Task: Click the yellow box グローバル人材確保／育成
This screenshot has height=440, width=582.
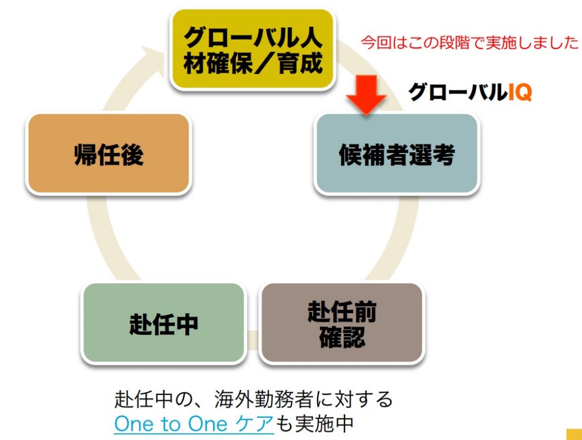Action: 253,49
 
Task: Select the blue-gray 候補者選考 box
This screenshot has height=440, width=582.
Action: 397,153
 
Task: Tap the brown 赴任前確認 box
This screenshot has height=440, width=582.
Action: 342,323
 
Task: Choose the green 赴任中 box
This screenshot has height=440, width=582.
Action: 164,323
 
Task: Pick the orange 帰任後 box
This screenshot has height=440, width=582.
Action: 109,153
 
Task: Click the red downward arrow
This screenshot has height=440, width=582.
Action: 367,95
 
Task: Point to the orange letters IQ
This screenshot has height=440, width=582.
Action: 519,92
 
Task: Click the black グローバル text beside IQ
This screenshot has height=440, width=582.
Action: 458,92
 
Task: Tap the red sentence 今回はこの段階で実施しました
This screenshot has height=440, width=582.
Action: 469,43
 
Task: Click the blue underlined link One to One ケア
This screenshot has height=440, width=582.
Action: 194,424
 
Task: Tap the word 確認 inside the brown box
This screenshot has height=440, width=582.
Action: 342,337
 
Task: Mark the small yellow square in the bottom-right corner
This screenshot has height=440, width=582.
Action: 574,434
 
